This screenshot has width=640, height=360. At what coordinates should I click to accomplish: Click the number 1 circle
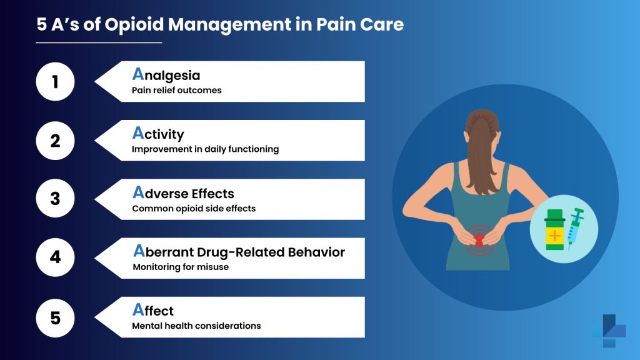tap(55, 81)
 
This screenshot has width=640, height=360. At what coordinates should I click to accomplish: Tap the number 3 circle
tap(55, 199)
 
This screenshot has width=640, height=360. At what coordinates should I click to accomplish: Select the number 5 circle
tap(55, 317)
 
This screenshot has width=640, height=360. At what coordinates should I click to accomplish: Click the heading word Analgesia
tap(166, 75)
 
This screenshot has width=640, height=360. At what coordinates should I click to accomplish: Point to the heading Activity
tap(158, 134)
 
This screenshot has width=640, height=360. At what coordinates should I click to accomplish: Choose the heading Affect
tap(153, 311)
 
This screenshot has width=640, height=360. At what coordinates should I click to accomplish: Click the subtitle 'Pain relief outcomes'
tap(177, 90)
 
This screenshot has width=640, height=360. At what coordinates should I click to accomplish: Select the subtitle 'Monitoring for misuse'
tap(181, 267)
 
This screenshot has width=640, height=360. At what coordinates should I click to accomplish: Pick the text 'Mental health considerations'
tap(196, 326)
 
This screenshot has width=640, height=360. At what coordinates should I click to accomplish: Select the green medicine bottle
tap(554, 231)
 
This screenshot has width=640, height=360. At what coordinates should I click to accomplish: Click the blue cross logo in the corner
tap(609, 331)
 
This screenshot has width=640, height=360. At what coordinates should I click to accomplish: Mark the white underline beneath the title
tap(99, 42)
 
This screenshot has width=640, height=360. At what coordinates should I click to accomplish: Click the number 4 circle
tap(55, 257)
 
